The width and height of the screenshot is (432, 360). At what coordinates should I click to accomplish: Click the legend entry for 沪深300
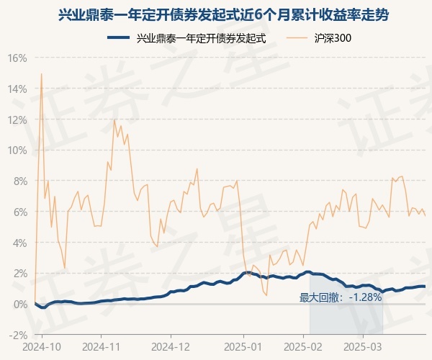click(334, 38)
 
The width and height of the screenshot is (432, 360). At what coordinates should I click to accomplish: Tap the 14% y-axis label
click(18, 89)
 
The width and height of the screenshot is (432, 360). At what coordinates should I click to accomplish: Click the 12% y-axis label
click(18, 120)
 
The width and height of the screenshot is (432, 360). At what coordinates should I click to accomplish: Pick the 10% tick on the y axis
click(18, 150)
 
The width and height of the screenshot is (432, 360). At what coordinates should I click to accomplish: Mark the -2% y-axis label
click(19, 335)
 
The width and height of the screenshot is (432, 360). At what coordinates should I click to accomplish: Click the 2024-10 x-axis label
click(42, 346)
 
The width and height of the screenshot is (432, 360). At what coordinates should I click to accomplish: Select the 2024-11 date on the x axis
click(102, 346)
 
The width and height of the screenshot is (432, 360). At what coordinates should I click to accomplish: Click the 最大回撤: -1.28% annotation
click(341, 297)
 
